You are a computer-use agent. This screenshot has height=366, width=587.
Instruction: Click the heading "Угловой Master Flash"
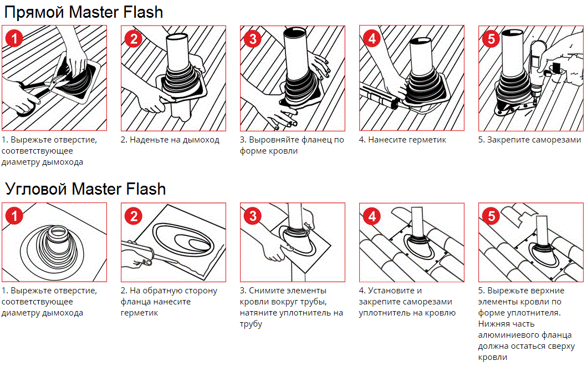86,189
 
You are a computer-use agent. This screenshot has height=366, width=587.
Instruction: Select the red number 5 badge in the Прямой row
491,38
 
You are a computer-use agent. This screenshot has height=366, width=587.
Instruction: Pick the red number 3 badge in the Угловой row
253,216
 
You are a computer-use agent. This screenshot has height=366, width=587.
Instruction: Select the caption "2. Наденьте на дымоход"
170,140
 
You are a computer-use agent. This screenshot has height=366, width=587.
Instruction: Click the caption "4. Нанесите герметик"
402,140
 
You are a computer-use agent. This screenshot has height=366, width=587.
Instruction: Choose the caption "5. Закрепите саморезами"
529,140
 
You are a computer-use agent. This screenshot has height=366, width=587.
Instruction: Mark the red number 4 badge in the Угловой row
372,216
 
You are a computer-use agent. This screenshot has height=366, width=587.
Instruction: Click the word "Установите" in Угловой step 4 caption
395,291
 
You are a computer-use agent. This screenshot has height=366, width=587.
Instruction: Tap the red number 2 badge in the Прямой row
134,38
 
